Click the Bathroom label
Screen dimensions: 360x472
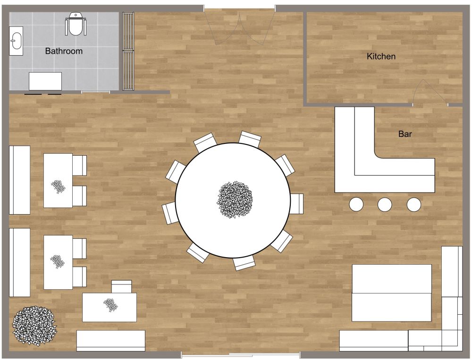click(x=64, y=51)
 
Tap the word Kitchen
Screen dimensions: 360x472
click(x=381, y=57)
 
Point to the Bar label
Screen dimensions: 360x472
click(x=405, y=134)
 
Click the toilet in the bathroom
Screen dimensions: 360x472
click(x=75, y=25)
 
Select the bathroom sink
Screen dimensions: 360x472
click(x=16, y=41)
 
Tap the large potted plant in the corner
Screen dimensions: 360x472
click(x=34, y=325)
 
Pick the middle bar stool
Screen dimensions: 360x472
click(x=385, y=204)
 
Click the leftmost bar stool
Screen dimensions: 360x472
click(x=356, y=204)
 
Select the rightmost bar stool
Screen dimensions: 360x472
click(x=413, y=204)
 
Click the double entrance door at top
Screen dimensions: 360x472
click(x=240, y=26)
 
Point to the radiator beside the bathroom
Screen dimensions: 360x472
click(x=128, y=51)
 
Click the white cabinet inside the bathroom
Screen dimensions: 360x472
click(x=45, y=81)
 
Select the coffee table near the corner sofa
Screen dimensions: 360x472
click(x=391, y=293)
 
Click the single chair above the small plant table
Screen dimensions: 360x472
click(x=121, y=287)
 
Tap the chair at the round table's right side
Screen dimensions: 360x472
click(x=297, y=204)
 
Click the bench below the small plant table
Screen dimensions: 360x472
click(x=111, y=340)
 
